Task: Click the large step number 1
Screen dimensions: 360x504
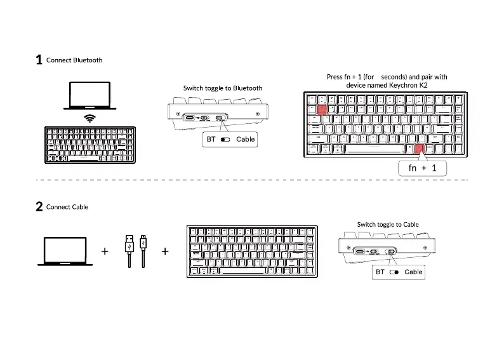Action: click(39, 60)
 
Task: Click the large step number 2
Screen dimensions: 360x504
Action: click(39, 206)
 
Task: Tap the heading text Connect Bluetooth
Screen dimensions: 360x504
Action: click(74, 60)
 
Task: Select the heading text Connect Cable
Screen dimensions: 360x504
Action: click(67, 207)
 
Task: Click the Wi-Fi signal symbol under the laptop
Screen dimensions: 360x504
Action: click(90, 118)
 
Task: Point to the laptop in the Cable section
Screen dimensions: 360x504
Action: click(65, 251)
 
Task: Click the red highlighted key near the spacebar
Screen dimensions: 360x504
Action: click(418, 150)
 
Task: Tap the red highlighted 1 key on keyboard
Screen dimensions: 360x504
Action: click(322, 109)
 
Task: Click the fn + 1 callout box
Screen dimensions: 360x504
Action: click(422, 168)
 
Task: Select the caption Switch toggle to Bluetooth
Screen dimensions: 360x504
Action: click(223, 88)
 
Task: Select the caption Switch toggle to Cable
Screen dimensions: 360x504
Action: click(388, 224)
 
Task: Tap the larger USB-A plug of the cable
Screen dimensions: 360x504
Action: click(129, 244)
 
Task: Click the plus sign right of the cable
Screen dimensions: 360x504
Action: click(165, 251)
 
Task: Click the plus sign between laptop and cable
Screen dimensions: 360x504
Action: click(105, 251)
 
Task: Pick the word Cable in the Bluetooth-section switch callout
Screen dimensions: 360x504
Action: click(245, 139)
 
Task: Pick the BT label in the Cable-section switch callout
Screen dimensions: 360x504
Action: click(380, 272)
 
